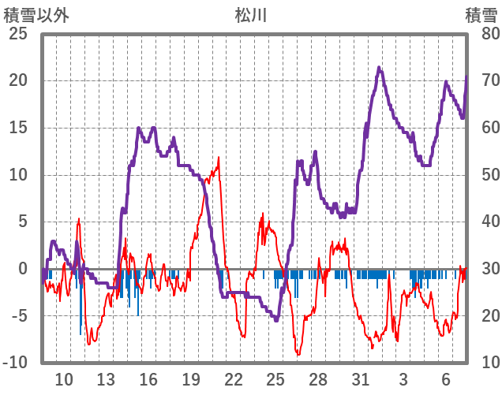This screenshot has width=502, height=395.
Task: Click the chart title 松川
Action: point(251,13)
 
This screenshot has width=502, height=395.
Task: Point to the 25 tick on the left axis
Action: point(17,34)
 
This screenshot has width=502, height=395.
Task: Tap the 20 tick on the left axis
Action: point(17,81)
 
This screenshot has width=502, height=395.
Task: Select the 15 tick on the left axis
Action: point(17,128)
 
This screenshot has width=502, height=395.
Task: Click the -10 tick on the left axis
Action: point(15,363)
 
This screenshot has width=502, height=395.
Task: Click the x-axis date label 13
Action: point(107,378)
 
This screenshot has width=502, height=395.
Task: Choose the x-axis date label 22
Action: point(234,378)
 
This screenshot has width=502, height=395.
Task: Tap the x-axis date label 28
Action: point(318,378)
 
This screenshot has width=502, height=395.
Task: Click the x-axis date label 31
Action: point(361,378)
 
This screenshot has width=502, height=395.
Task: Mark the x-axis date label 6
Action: point(446,378)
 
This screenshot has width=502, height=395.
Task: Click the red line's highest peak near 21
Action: point(219,158)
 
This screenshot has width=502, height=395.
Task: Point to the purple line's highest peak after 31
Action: point(379,68)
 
